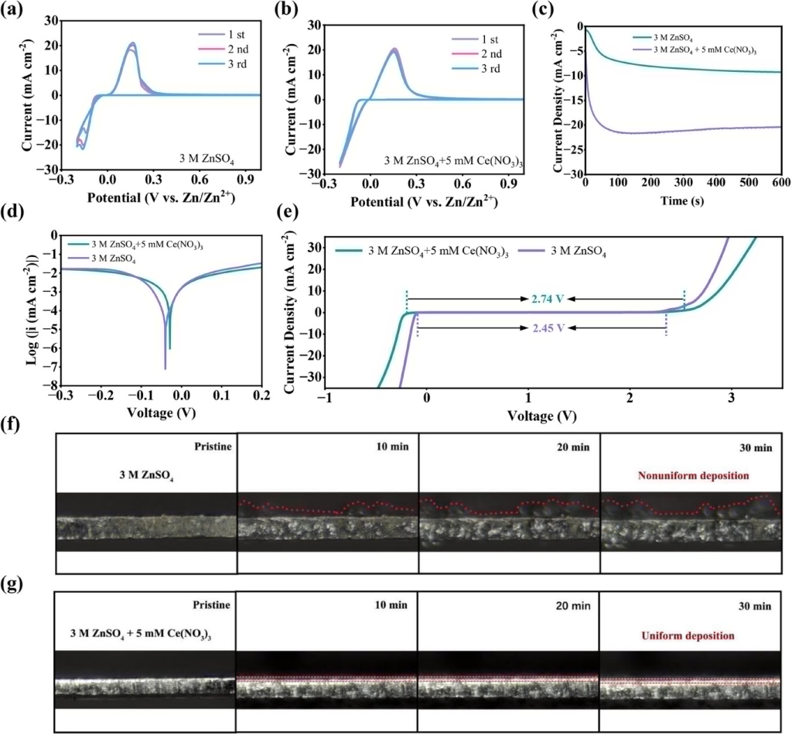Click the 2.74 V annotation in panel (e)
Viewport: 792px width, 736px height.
pos(546,298)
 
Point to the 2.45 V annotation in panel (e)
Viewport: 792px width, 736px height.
pos(546,327)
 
